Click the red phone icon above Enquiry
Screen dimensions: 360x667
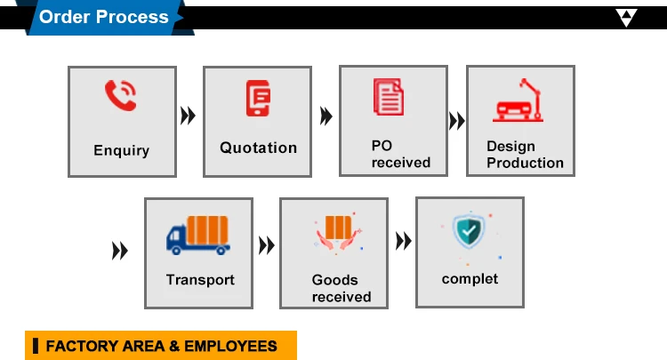pyautogui.click(x=121, y=95)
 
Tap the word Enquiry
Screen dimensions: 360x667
pyautogui.click(x=121, y=150)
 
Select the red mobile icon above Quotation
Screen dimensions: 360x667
pyautogui.click(x=258, y=97)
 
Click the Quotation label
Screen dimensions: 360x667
pyautogui.click(x=258, y=148)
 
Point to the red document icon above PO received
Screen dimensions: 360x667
pyautogui.click(x=389, y=96)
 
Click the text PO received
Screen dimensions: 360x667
pyautogui.click(x=400, y=154)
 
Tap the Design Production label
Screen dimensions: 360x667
pyautogui.click(x=525, y=154)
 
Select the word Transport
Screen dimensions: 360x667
pyautogui.click(x=200, y=279)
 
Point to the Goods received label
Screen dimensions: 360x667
pyautogui.click(x=341, y=288)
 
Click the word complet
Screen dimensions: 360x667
pyautogui.click(x=470, y=278)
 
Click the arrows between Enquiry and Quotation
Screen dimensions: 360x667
pyautogui.click(x=188, y=116)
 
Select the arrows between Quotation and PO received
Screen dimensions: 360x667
pyautogui.click(x=325, y=116)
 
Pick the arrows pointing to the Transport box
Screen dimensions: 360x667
pyautogui.click(x=119, y=252)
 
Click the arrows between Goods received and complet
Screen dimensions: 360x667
pyautogui.click(x=403, y=241)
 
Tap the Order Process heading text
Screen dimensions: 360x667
pyautogui.click(x=103, y=17)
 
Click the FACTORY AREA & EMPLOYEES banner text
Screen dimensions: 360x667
pyautogui.click(x=162, y=346)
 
